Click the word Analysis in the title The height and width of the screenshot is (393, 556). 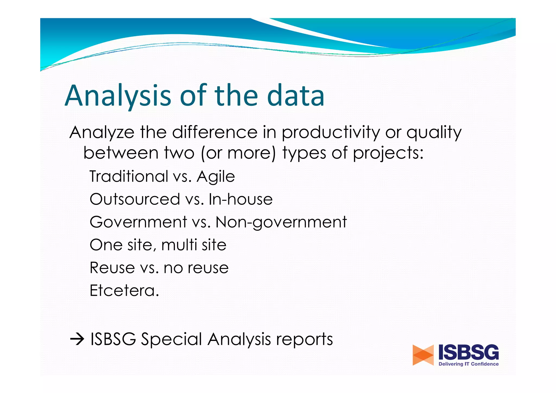coord(118,96)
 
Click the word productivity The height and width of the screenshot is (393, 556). coord(330,133)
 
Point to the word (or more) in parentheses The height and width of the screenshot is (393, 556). coord(238,153)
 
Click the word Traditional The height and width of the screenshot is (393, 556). coord(129,176)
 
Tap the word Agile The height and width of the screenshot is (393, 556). coord(216,177)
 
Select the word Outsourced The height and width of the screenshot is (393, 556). coord(135,199)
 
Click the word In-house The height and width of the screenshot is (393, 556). coord(240,199)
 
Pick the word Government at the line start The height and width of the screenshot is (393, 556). coord(138,222)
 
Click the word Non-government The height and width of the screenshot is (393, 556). coord(281,222)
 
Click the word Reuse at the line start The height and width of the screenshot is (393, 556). coord(112,268)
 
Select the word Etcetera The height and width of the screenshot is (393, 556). coord(124,291)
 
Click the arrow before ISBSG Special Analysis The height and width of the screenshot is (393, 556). coord(77,339)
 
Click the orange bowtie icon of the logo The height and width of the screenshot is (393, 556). coord(423,355)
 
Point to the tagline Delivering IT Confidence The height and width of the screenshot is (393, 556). coord(469,364)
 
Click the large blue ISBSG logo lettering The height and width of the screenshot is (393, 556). coord(469,352)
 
